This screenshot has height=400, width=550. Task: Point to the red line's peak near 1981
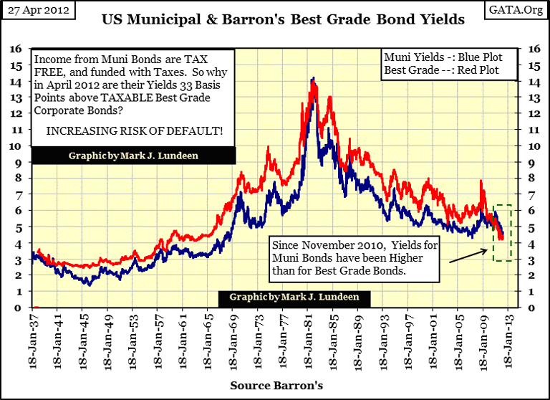pyautogui.click(x=313, y=79)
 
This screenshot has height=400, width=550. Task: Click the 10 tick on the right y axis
pyautogui.click(x=534, y=146)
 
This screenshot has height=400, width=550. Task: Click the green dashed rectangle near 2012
pyautogui.click(x=502, y=233)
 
